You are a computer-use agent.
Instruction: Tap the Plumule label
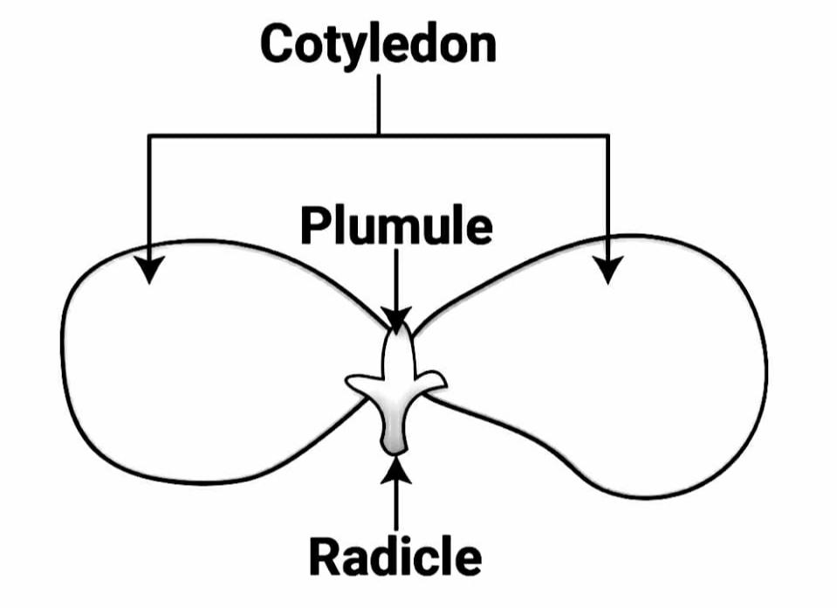click(395, 226)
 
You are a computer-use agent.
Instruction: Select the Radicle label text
click(395, 556)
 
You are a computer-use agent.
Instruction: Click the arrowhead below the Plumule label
click(396, 321)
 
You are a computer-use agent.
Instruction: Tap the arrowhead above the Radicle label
click(396, 468)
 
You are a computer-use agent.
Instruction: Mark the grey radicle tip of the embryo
click(394, 443)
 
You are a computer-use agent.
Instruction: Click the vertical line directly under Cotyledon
click(379, 105)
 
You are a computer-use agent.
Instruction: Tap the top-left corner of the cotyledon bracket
click(151, 135)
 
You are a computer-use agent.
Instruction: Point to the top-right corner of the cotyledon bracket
click(608, 135)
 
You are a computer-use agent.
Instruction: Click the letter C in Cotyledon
click(278, 45)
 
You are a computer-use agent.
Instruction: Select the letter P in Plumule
click(313, 226)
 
